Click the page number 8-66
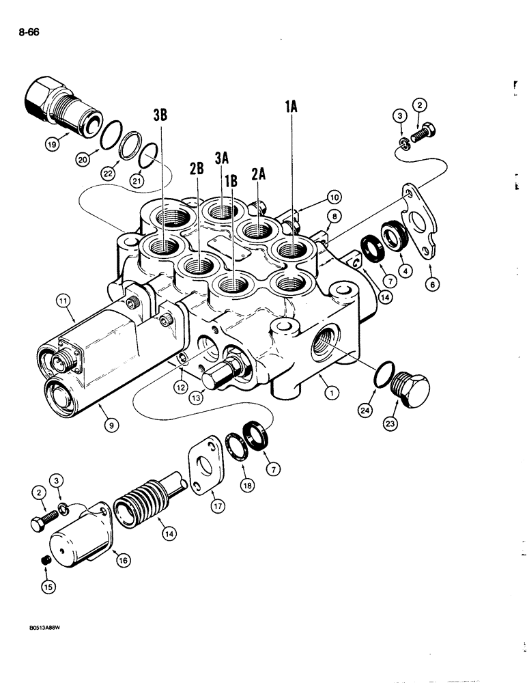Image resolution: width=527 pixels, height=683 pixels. pyautogui.click(x=25, y=31)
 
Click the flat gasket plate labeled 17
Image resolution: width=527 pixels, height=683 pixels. pyautogui.click(x=208, y=468)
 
